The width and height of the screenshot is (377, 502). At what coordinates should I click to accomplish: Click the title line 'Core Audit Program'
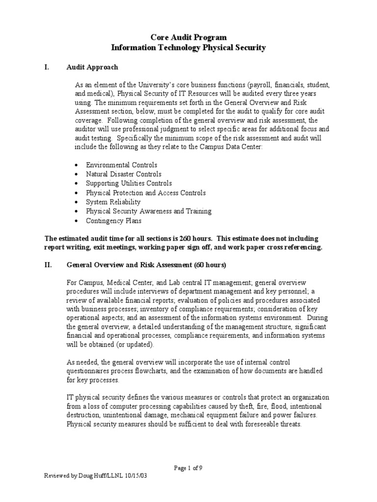click(188, 38)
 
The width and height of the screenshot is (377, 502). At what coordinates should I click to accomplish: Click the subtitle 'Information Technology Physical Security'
click(188, 48)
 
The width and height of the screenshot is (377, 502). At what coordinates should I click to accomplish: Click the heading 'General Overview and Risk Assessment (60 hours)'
click(146, 265)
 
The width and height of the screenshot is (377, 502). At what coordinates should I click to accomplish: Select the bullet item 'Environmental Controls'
click(121, 165)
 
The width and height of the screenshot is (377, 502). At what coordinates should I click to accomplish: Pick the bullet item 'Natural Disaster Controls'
click(123, 174)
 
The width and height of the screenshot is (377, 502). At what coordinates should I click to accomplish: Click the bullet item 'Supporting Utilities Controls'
click(129, 183)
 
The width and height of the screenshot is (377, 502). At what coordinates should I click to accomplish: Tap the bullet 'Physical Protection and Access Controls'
click(146, 193)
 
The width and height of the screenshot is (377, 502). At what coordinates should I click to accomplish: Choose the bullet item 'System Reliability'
click(113, 202)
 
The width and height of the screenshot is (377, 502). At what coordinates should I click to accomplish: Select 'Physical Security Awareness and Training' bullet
click(148, 211)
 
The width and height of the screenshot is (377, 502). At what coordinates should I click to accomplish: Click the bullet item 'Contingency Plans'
click(113, 221)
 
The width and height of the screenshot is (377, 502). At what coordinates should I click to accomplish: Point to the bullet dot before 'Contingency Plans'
click(77, 221)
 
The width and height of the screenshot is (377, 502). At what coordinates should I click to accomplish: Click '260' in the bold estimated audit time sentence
click(196, 238)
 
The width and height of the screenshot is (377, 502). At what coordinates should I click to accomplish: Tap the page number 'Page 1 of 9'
click(188, 468)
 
